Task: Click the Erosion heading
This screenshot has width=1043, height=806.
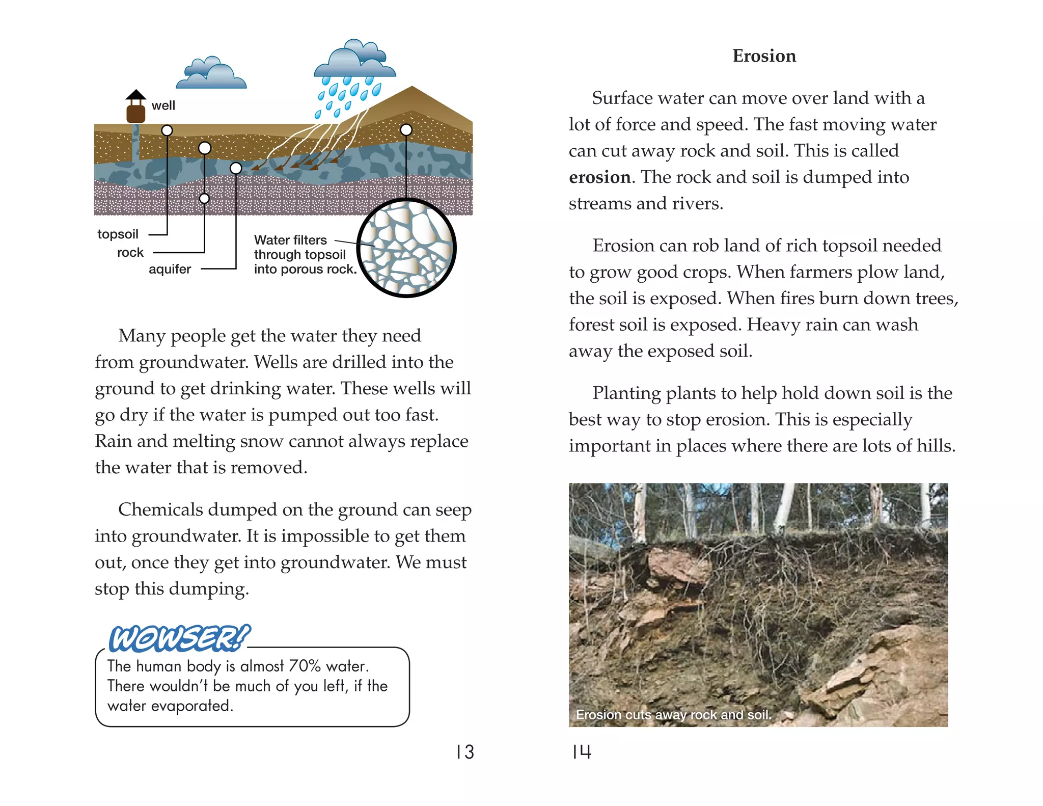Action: tap(764, 56)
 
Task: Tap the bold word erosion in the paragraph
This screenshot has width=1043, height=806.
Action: tap(599, 177)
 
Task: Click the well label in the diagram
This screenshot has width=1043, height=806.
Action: tap(163, 105)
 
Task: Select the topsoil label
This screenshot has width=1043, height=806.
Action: tap(118, 234)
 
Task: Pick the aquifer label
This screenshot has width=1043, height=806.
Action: tap(170, 269)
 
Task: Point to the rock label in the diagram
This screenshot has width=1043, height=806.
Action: tap(130, 253)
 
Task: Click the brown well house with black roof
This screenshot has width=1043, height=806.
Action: tap(135, 108)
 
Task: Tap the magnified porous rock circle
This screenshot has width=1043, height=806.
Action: tap(406, 248)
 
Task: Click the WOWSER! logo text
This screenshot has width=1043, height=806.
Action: tap(179, 638)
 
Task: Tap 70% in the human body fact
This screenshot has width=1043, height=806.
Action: tap(305, 666)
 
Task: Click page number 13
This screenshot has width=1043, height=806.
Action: tap(465, 753)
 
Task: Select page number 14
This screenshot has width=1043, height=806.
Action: tap(581, 752)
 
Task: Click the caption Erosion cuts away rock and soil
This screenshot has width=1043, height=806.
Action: tap(673, 715)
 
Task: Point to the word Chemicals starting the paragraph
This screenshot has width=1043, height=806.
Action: tap(160, 510)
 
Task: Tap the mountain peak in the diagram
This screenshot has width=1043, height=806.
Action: tap(412, 89)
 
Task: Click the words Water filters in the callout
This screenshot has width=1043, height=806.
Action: tap(290, 240)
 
